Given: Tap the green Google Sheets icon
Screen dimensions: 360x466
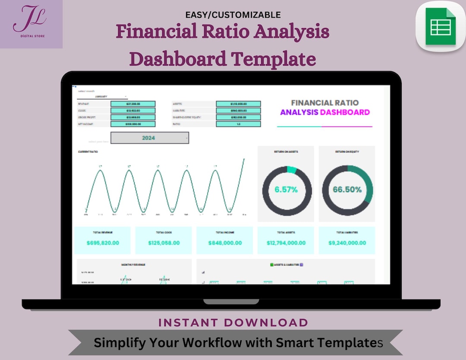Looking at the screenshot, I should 441,27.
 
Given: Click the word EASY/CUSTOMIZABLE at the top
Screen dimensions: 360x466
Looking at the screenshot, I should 233,15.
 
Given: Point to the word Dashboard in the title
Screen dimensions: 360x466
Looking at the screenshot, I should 177,59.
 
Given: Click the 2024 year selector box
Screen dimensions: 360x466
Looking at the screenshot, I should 149,138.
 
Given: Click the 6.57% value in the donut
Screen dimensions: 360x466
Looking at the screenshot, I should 286,189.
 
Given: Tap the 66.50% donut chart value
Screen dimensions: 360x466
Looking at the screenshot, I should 347,189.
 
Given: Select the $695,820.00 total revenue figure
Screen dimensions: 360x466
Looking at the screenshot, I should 103,243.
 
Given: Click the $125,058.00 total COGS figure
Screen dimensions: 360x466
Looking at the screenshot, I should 164,243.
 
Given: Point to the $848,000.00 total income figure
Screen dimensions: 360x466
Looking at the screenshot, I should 225,243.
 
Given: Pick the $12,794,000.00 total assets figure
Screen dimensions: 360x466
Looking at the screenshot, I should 286,243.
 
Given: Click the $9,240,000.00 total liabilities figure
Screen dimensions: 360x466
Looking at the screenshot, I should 347,243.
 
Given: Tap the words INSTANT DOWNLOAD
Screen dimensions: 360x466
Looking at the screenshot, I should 233,322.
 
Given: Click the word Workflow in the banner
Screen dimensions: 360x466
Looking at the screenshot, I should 214,343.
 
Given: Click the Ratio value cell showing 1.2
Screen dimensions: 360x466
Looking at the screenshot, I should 238,124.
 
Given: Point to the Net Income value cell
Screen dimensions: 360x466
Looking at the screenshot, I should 132,124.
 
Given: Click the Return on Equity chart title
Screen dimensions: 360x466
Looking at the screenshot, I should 347,152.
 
